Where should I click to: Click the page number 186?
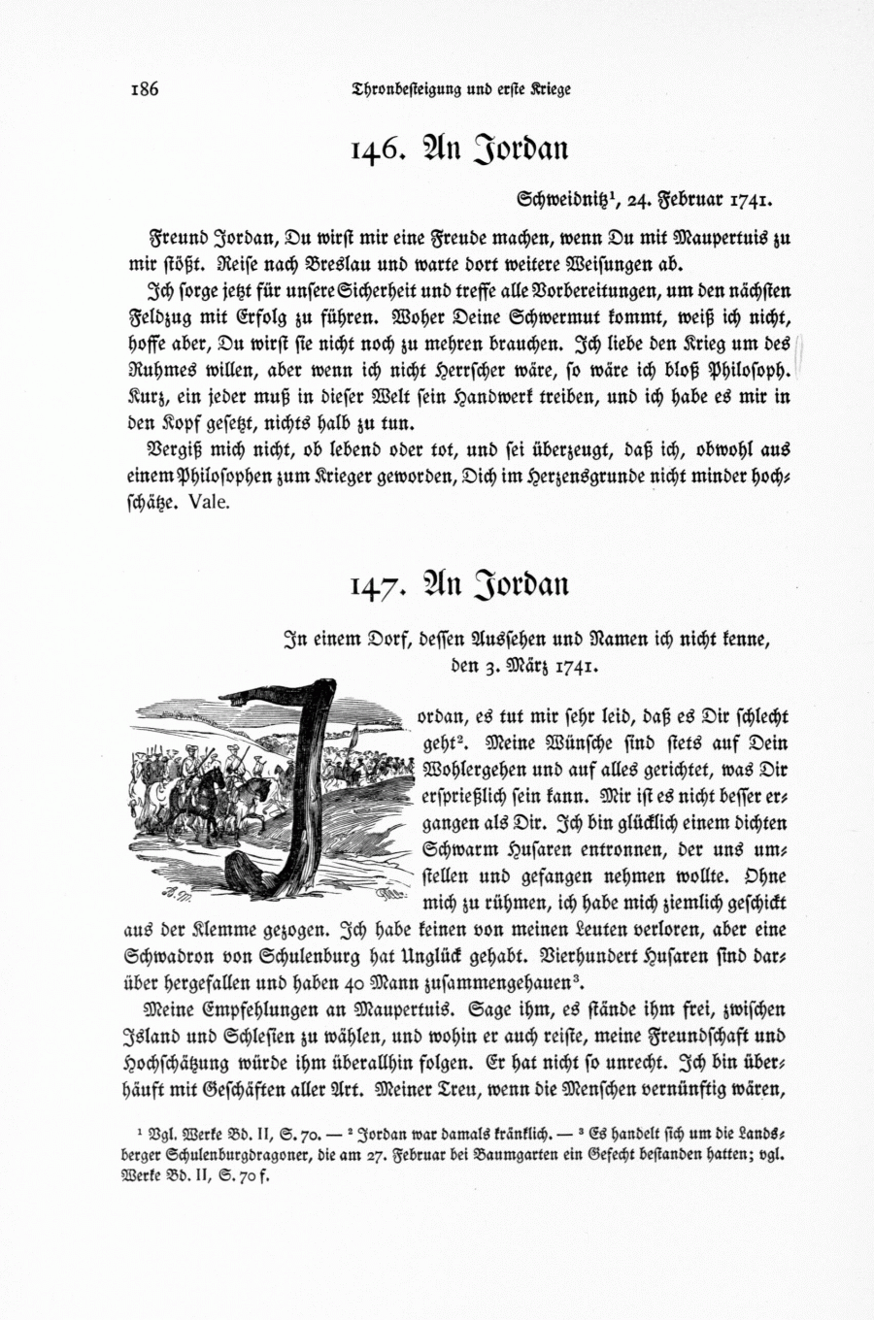[x=144, y=89]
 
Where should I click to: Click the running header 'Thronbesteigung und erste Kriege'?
[x=461, y=89]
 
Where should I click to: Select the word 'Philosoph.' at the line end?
[x=752, y=370]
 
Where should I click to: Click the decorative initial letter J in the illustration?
[x=277, y=776]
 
